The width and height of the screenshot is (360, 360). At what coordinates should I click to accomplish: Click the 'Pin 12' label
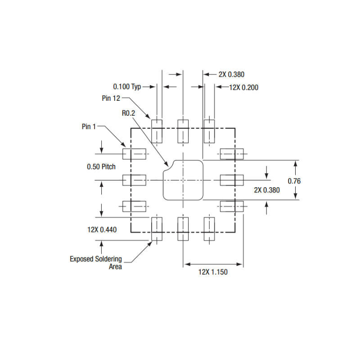coord(111,98)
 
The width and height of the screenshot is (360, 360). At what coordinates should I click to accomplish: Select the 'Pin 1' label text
coord(89,127)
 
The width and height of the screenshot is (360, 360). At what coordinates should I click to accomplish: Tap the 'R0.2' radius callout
coord(128,113)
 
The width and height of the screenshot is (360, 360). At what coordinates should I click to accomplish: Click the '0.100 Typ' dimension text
coord(127,86)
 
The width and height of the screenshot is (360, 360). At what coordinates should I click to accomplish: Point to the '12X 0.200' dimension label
coord(244,87)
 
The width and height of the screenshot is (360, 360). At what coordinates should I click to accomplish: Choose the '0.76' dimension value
coord(294,181)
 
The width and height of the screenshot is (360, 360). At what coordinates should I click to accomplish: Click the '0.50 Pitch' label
coord(101,167)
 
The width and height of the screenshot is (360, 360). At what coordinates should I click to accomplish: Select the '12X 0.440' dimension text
coord(102,229)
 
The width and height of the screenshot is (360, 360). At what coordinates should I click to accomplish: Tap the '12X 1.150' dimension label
coord(213,272)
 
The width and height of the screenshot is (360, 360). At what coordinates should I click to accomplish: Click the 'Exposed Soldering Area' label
coord(96,263)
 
